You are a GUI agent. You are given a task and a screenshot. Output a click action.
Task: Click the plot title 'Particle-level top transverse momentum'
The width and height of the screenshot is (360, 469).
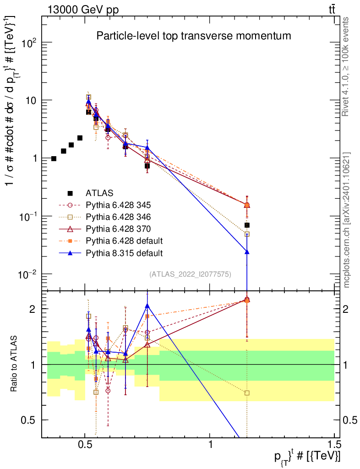[x=193, y=36]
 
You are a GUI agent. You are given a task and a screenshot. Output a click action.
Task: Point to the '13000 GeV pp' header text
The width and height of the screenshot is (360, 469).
[x=83, y=10]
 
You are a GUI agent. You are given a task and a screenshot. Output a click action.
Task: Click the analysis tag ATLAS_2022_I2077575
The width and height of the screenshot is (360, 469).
[x=190, y=274]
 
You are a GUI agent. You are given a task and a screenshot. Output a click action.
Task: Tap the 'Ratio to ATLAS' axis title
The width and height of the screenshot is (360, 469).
[x=14, y=364]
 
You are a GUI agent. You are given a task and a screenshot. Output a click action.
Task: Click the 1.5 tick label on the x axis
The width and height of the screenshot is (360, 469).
[x=334, y=445]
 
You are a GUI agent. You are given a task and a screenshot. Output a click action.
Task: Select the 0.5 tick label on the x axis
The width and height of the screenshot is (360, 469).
[x=85, y=445]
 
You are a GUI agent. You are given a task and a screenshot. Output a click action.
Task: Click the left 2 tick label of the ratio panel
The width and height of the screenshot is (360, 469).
[x=33, y=309]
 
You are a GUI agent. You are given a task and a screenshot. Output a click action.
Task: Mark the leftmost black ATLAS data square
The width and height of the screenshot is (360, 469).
[x=54, y=158]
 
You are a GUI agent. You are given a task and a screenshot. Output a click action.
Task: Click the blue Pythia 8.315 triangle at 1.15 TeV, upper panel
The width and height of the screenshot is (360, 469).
[x=247, y=252]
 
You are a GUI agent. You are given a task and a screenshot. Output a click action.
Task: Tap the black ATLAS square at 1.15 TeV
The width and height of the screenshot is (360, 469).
[x=247, y=225]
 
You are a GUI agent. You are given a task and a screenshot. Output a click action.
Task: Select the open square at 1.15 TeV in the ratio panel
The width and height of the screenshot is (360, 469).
[x=247, y=393]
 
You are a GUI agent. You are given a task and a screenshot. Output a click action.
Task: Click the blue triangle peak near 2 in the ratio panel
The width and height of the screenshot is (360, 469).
[x=147, y=305]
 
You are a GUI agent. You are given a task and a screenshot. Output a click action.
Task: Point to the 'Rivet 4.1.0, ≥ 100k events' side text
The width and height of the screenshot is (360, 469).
[x=345, y=66]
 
